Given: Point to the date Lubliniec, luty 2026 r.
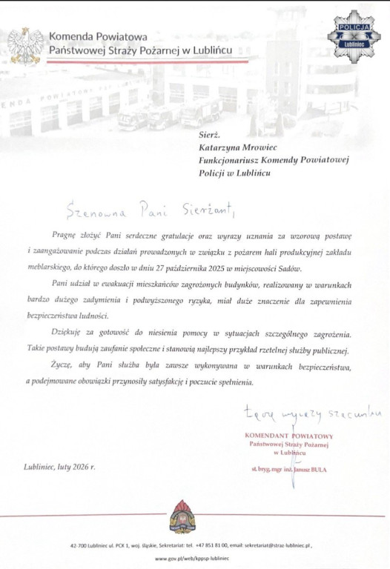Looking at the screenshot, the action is pyautogui.click(x=59, y=467).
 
